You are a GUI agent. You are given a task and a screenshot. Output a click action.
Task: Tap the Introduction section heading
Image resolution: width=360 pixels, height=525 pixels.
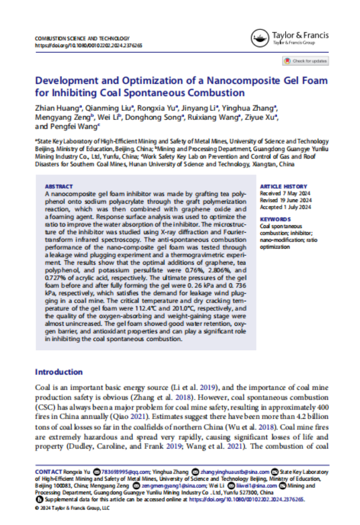click(x=59, y=372)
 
